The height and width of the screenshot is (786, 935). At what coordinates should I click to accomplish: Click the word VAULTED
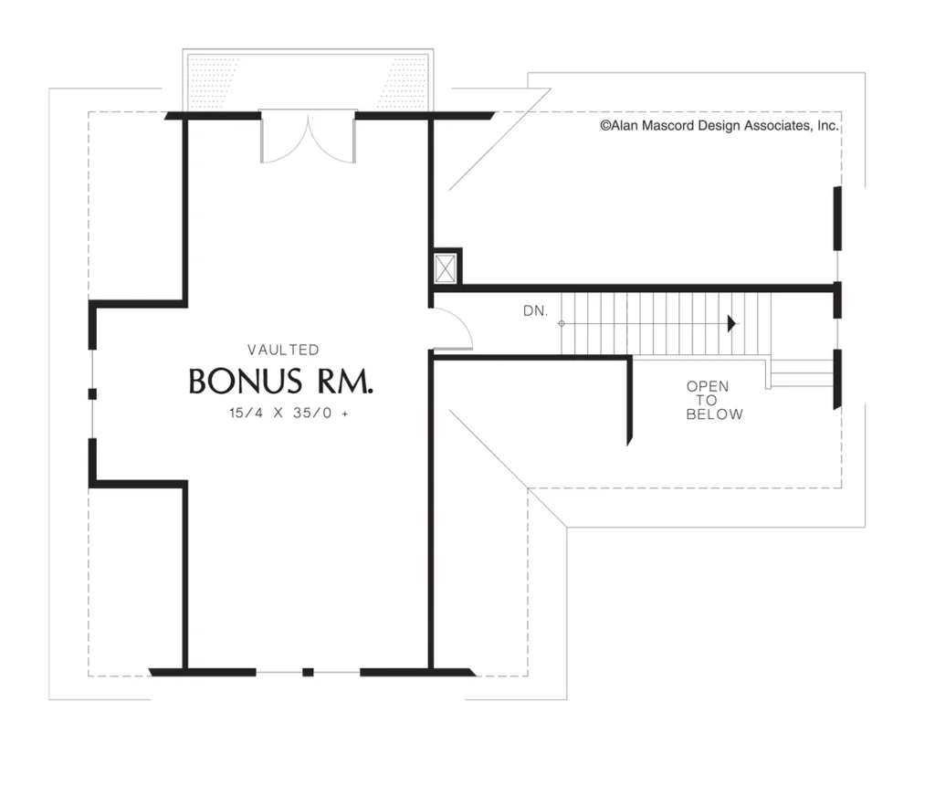click(283, 350)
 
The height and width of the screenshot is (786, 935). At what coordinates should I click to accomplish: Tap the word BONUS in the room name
click(245, 382)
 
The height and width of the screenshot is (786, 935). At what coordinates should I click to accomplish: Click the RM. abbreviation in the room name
click(345, 382)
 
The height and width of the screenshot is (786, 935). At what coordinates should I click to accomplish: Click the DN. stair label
click(535, 310)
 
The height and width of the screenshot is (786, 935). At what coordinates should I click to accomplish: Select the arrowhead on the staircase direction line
click(731, 324)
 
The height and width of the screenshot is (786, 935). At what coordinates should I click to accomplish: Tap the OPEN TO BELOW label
click(714, 400)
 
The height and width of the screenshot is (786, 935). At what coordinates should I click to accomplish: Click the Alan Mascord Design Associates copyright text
click(720, 126)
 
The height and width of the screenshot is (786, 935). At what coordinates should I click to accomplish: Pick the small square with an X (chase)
click(446, 268)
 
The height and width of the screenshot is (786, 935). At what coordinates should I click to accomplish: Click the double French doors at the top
click(309, 137)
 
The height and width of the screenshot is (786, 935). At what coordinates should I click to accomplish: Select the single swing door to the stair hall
click(452, 329)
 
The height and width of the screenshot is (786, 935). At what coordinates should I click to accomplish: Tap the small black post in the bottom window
click(308, 672)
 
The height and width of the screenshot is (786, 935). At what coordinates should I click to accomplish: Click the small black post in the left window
click(92, 393)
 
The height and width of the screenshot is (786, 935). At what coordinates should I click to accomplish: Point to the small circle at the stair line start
click(562, 324)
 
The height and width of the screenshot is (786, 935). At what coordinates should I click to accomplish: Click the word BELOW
click(714, 414)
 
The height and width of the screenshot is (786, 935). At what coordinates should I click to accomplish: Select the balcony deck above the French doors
click(309, 81)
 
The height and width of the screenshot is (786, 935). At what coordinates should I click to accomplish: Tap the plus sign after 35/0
click(344, 414)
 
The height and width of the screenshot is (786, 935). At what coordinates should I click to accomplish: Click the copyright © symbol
click(604, 126)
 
